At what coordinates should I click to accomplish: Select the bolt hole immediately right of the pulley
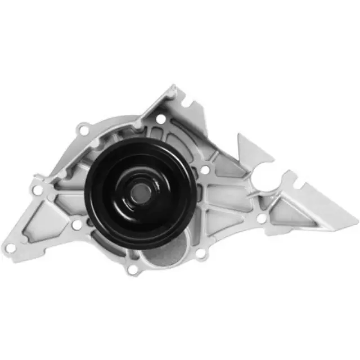pyautogui.click(x=205, y=169)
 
